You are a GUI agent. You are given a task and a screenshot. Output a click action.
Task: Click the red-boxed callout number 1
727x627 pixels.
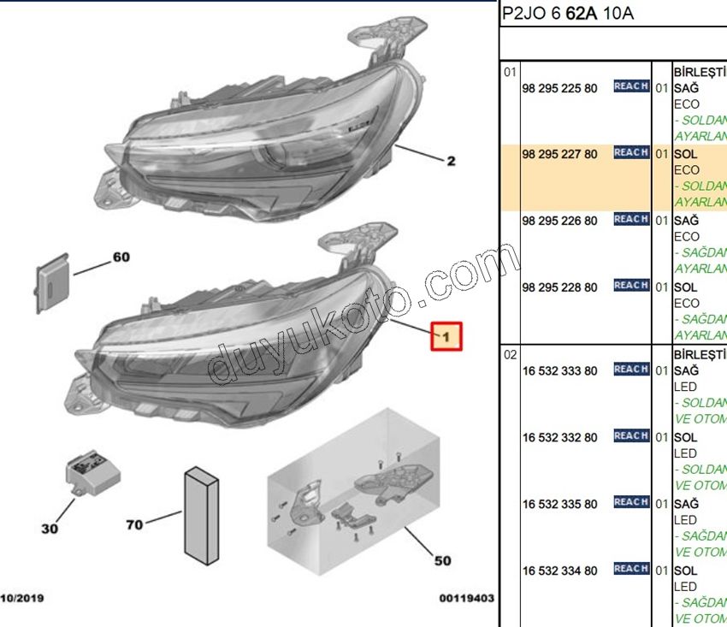click(x=446, y=337)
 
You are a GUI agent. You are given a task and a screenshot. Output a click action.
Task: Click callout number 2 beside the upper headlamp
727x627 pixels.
click(x=451, y=161)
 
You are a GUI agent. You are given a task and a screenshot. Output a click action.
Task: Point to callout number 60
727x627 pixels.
click(x=121, y=257)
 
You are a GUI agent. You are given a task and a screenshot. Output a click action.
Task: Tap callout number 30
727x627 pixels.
click(x=50, y=529)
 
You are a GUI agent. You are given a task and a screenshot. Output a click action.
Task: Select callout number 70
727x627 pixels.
click(x=134, y=524)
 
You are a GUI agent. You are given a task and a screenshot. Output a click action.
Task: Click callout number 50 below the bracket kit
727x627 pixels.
click(x=441, y=561)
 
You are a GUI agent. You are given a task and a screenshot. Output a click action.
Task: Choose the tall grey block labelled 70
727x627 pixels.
click(x=202, y=515)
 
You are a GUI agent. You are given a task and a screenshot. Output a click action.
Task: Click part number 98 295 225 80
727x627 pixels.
click(x=560, y=88)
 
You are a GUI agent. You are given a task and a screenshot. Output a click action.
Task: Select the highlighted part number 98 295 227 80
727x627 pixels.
click(x=560, y=154)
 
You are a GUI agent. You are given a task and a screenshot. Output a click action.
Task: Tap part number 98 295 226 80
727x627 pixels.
click(x=560, y=221)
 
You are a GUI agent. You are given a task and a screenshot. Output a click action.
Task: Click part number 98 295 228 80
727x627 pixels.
click(x=560, y=287)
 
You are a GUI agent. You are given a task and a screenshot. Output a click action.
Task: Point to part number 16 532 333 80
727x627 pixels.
click(x=560, y=371)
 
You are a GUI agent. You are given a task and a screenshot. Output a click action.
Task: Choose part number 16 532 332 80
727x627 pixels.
click(x=560, y=438)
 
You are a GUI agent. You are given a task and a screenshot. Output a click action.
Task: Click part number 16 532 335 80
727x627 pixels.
click(x=560, y=505)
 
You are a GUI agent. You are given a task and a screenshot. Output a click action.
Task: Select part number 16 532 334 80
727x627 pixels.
click(x=560, y=571)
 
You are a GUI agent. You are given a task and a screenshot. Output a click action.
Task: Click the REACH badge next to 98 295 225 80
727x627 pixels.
click(x=631, y=86)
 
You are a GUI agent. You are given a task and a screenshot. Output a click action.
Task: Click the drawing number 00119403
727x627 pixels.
click(x=466, y=599)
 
